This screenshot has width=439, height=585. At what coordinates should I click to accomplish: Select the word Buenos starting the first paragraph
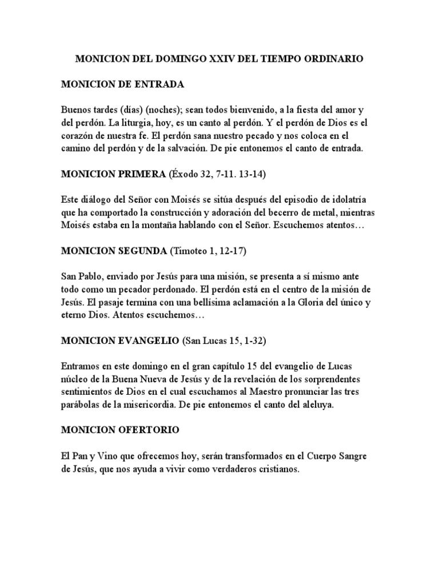(x=78, y=109)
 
